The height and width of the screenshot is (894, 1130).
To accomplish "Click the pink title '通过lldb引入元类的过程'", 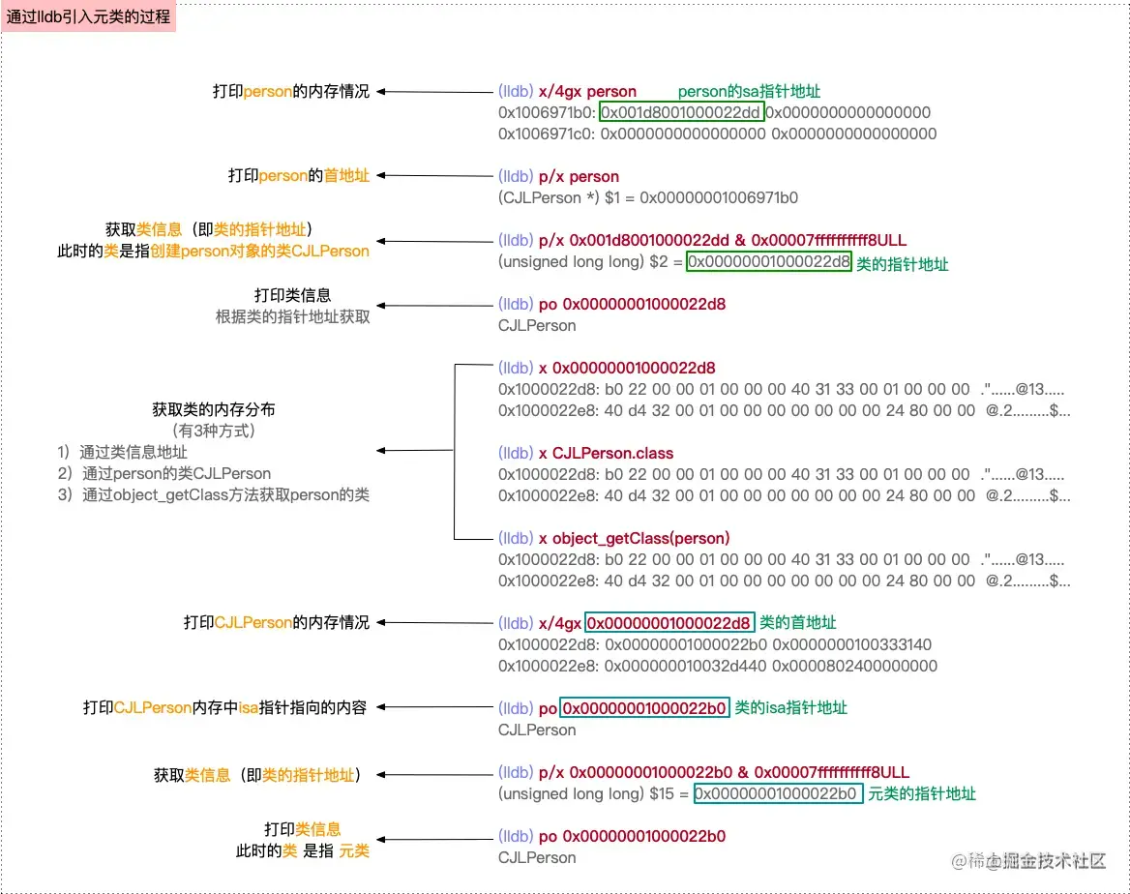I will click(x=88, y=17).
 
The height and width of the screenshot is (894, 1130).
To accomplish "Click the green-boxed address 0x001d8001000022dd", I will click(x=681, y=112).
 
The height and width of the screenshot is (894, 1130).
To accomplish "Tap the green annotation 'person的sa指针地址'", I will click(x=749, y=91).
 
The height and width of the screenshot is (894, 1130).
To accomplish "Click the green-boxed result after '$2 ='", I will click(x=768, y=261).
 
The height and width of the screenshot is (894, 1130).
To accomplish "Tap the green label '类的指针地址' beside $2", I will click(x=903, y=263).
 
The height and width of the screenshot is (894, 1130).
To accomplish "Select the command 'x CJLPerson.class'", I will click(x=606, y=453).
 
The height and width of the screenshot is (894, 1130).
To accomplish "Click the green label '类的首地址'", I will click(x=798, y=622).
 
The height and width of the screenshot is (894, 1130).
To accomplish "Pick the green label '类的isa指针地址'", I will click(x=790, y=707).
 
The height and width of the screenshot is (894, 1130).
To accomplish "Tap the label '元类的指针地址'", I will click(x=922, y=793).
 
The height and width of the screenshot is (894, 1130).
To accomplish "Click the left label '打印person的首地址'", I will click(x=298, y=176).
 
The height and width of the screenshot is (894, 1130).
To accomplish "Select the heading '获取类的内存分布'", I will click(x=213, y=409).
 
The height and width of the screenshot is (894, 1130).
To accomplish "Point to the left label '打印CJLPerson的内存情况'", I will click(x=277, y=622).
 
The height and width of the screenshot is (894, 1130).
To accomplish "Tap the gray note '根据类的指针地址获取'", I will click(x=292, y=316).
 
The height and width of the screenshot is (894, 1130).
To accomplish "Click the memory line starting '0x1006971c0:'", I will click(x=717, y=134).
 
